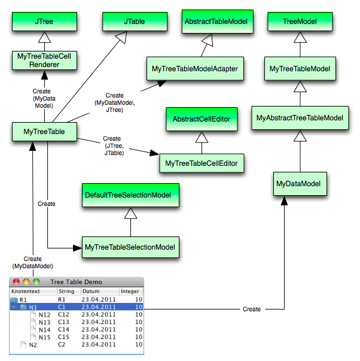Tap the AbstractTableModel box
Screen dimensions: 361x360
(216, 21)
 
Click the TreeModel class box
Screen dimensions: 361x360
(300, 21)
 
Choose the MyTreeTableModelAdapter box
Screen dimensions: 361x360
(195, 69)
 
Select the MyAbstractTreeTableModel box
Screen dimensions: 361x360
(300, 118)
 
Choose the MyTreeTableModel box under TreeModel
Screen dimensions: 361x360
(300, 69)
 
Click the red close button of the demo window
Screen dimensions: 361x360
(16, 282)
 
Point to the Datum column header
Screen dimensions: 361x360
(99, 292)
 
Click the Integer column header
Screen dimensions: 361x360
(130, 292)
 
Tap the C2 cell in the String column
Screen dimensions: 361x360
(62, 345)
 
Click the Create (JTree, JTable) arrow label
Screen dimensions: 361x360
(114, 146)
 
